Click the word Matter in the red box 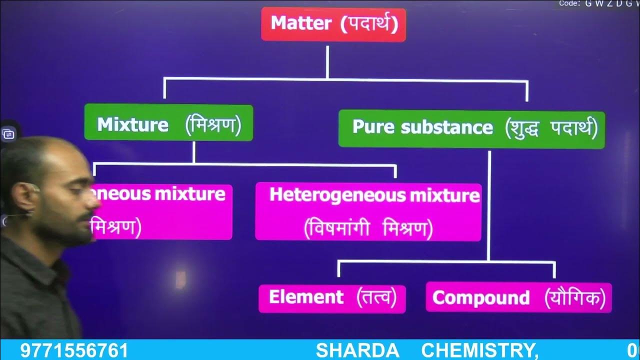coord(300,23)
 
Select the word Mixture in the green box coord(132,124)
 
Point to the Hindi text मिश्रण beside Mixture coord(213,124)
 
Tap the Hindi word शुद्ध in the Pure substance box coord(527,128)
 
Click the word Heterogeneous coord(338,195)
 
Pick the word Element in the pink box coord(306,297)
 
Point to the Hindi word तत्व coord(376,298)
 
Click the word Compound coord(480,298)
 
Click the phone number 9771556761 coord(74,350)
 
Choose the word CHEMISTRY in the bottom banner coord(479,350)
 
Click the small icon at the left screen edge coord(8,134)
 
